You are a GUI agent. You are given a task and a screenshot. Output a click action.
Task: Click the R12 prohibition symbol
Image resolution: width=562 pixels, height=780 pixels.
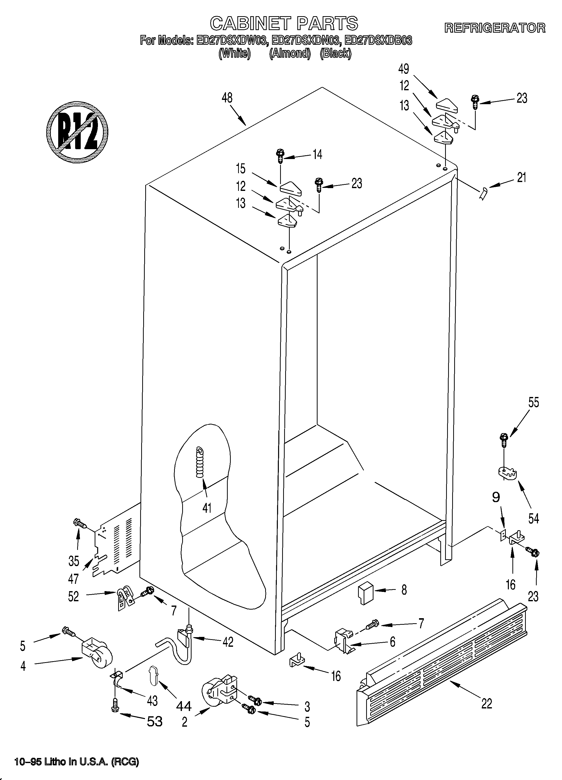pyautogui.click(x=77, y=132)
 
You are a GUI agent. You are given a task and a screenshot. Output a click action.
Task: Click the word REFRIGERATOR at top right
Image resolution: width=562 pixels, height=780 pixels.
pyautogui.click(x=495, y=28)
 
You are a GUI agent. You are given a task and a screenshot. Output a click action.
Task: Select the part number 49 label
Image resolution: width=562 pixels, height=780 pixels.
pyautogui.click(x=404, y=69)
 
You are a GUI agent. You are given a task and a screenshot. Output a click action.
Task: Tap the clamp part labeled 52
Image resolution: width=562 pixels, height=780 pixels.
pyautogui.click(x=124, y=598)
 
